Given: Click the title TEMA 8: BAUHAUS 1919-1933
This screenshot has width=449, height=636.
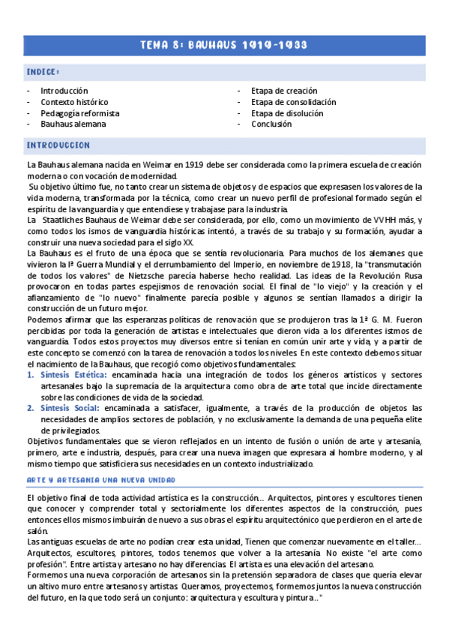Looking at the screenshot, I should [x=223, y=45].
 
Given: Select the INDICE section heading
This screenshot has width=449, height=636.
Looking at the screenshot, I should [x=43, y=72].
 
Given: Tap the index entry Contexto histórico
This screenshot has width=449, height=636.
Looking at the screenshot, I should [x=74, y=102].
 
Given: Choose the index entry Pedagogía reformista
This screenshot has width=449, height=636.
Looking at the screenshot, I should [x=80, y=113].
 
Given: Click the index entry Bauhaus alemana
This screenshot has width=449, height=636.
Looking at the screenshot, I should [x=73, y=124].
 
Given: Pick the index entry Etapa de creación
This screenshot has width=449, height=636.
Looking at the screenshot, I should [x=284, y=91].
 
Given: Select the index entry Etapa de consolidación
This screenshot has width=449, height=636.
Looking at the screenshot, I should [x=294, y=102].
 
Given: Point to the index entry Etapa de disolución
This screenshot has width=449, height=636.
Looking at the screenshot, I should [x=287, y=113].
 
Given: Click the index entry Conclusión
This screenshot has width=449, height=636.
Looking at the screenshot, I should [x=271, y=124].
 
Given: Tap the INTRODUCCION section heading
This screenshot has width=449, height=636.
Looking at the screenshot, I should [x=58, y=145].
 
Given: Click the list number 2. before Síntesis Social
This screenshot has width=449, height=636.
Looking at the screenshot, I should [x=31, y=407].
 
